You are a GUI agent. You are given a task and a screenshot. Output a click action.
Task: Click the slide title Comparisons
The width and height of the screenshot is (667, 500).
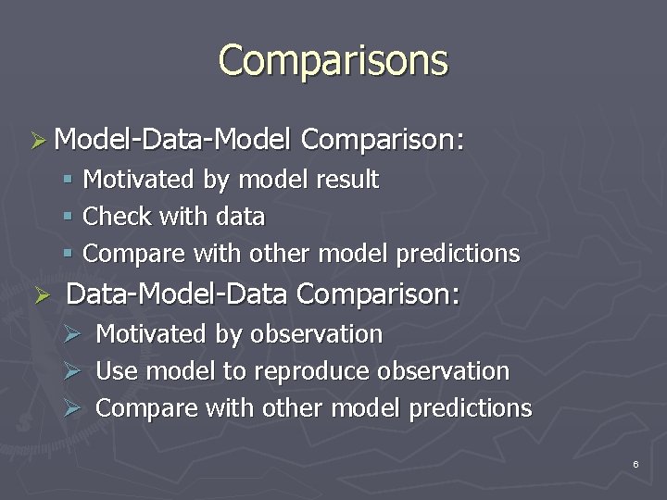coord(333,61)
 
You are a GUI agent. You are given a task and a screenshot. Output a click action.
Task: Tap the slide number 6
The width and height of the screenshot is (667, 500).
coord(636,463)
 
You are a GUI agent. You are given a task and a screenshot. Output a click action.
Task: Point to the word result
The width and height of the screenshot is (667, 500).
coord(347,179)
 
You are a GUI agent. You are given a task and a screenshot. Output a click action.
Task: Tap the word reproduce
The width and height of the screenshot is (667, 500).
coord(311,371)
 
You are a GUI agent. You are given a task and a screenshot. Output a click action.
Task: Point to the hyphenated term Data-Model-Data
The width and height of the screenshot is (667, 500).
coord(181,294)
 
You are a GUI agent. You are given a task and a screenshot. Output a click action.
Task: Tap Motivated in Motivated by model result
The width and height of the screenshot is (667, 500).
coord(140,179)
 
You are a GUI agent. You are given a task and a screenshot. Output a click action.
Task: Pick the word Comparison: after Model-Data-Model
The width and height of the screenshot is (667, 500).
coord(382,141)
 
